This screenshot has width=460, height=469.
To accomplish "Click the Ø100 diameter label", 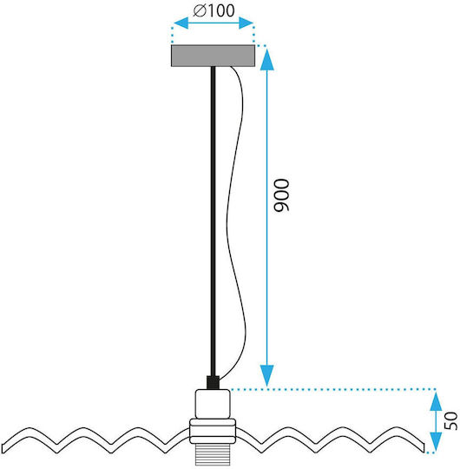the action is click(214, 10).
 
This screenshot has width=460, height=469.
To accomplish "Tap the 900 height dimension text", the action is click(282, 195).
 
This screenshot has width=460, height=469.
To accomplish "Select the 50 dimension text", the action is click(451, 420).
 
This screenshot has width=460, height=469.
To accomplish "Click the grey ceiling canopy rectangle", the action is click(213, 56).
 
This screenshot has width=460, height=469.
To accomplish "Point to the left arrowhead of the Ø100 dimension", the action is click(181, 23).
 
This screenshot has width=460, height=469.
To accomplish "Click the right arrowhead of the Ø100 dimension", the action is click(246, 23).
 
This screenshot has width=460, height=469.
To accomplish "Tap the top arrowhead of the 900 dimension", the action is click(267, 59).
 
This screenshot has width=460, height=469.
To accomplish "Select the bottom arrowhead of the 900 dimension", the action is click(267, 376).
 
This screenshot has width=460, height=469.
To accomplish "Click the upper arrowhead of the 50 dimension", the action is click(436, 401).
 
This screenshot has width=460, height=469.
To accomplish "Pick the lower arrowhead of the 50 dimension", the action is click(436, 442).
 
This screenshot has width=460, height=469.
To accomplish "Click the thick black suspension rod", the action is click(214, 221).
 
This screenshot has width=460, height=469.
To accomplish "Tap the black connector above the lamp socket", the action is click(214, 382).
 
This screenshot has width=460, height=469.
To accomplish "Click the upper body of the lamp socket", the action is click(213, 404).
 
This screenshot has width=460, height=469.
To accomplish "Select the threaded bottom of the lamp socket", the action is click(213, 454).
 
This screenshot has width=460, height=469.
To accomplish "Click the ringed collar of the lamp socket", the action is click(213, 431).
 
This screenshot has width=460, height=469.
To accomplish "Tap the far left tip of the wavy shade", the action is click(3, 448).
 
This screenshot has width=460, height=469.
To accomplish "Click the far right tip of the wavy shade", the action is click(424, 448).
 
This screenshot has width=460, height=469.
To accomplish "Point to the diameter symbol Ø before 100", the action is click(200, 11).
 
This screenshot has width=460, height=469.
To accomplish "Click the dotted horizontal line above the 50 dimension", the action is click(332, 389).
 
